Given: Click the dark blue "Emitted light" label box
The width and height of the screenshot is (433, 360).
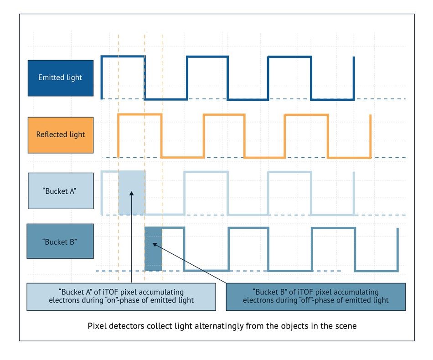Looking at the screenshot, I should tap(61, 77).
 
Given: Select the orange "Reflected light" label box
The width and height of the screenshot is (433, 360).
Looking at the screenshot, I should tap(61, 134).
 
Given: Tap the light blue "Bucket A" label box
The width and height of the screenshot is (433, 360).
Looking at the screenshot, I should tap(61, 191).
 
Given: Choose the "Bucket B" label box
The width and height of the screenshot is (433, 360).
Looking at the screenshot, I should tap(60, 242).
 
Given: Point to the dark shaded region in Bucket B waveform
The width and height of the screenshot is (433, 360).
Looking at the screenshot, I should tap(154, 248).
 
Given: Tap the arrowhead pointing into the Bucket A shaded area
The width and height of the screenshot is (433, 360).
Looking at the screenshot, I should tap(131, 193).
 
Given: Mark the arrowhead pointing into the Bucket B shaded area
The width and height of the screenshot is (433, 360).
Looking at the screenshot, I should tap(155, 245).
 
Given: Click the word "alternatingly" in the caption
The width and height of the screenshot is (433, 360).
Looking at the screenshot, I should tap(215, 326).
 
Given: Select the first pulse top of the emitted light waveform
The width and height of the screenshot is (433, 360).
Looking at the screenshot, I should tap(123, 57).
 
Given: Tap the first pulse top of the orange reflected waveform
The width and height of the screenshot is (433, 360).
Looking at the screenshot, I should tap(140, 115).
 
